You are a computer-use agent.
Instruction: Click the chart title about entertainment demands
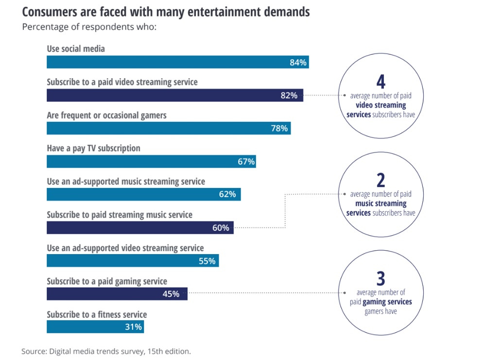165,12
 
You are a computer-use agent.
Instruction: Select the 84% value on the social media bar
298,62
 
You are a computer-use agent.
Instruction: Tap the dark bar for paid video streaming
175,95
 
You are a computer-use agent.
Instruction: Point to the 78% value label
279,129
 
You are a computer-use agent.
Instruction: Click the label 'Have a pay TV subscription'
93,148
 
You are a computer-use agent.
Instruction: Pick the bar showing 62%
143,194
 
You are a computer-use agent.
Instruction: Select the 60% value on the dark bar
221,228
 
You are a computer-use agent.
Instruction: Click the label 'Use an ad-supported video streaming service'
125,248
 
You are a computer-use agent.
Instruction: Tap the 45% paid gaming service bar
117,294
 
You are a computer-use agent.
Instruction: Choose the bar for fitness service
95,327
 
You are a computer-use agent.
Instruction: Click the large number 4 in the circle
381,81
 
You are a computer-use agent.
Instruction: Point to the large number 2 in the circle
381,180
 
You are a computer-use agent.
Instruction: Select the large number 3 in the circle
381,279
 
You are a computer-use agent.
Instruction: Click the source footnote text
106,351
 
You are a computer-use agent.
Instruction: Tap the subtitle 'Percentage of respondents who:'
89,27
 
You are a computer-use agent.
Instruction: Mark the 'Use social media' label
76,49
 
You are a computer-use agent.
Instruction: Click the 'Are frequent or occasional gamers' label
106,115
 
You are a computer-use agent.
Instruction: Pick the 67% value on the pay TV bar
246,162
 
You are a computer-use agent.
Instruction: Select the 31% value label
133,327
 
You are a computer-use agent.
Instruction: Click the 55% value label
207,261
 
